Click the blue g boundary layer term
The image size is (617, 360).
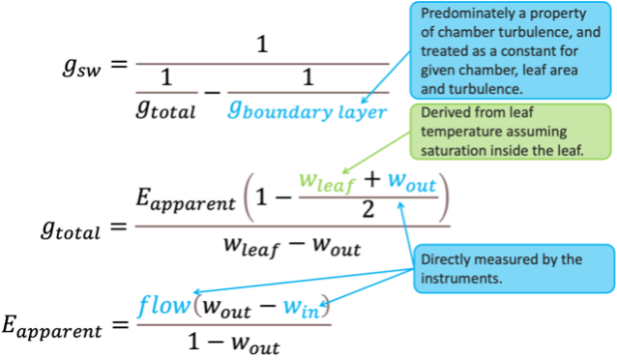[x=308, y=110]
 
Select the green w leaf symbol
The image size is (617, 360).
[x=327, y=183]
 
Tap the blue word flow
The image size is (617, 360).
[x=164, y=306]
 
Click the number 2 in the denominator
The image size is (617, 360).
[x=367, y=209]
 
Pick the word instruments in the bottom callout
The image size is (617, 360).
[x=461, y=279]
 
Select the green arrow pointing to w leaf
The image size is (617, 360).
[x=376, y=153]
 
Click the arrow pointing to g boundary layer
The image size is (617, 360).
[x=387, y=76]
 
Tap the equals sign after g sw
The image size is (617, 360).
[x=119, y=64]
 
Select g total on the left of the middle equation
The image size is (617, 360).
[x=71, y=229]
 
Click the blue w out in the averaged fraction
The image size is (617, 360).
[x=412, y=182]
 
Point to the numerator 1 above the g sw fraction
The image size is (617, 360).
[x=262, y=45]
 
